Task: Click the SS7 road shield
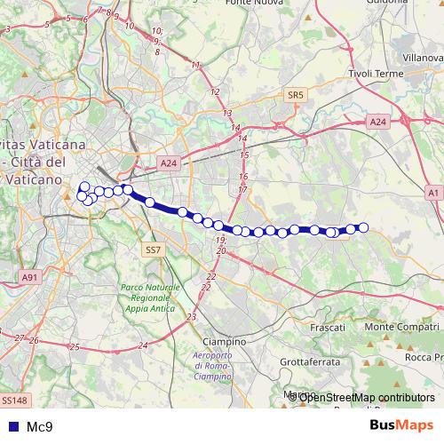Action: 153,250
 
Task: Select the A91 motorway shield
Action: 31,277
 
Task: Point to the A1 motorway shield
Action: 432,192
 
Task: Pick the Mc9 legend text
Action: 39,426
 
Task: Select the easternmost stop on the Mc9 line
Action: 362,227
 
